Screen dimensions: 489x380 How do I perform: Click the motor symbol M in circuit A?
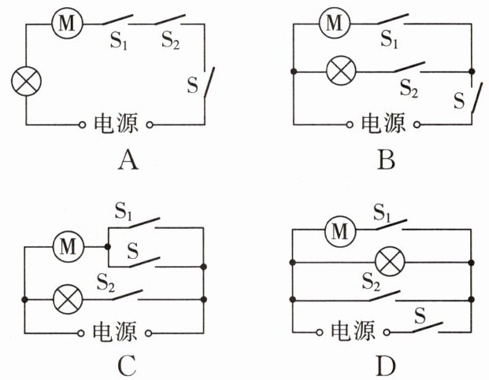[67, 23]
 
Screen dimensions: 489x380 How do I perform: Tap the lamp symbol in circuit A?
[26, 81]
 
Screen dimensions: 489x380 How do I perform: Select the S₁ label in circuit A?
[118, 40]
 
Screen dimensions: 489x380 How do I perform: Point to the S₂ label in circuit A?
[170, 40]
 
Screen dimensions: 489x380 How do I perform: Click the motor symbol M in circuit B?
[335, 23]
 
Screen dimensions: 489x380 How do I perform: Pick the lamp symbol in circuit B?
[341, 70]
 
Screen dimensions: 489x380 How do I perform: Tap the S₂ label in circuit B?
[409, 88]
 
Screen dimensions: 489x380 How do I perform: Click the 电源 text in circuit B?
[383, 123]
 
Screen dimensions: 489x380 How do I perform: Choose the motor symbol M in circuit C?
[69, 247]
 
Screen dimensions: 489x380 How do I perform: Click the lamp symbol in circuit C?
[69, 299]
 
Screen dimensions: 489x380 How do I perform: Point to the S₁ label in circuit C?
[124, 211]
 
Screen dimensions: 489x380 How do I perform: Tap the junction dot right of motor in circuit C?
[108, 247]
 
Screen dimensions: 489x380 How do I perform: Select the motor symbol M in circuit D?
[340, 232]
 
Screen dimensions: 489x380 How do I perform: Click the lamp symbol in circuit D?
[390, 262]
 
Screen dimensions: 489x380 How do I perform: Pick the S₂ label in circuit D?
[371, 281]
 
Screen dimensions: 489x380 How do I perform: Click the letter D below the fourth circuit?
[386, 366]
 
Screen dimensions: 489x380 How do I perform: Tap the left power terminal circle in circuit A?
[82, 125]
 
